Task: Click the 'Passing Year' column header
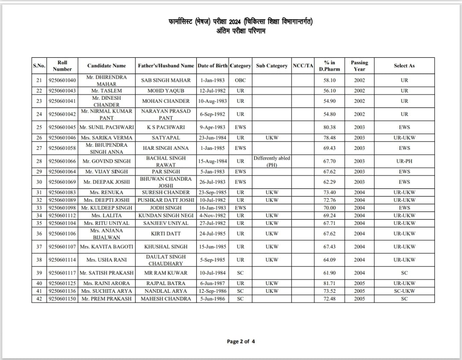pos(359,65)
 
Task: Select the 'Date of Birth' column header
pos(213,66)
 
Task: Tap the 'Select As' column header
pos(404,66)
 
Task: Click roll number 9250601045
pos(62,127)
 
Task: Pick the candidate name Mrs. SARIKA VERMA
pos(107,138)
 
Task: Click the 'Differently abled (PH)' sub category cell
pos(272,161)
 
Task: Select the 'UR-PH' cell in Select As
pos(404,161)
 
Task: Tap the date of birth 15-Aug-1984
pos(213,161)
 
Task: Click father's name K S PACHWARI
pos(166,127)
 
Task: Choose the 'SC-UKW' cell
pos(404,291)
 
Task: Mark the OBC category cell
pos(240,80)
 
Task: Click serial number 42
pos(39,299)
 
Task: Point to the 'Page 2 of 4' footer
pos(241,342)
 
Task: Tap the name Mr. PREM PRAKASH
pos(107,299)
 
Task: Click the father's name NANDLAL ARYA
pos(166,291)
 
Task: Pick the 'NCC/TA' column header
pos(303,66)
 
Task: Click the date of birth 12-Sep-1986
pos(213,291)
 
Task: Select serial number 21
pos(39,80)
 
